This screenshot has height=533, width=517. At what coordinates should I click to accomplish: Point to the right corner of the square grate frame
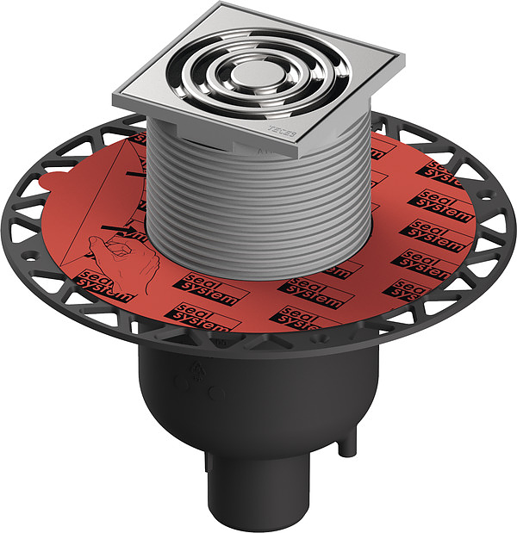click(x=402, y=61)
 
